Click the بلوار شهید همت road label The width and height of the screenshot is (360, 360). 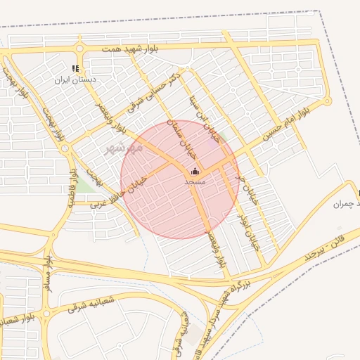(131, 49)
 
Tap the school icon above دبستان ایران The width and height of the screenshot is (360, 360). (75, 68)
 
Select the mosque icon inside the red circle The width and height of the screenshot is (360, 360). (195, 171)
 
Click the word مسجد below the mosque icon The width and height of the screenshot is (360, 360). (195, 181)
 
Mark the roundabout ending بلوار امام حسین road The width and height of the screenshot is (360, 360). (326, 101)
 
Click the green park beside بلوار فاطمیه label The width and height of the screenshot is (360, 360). (85, 184)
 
